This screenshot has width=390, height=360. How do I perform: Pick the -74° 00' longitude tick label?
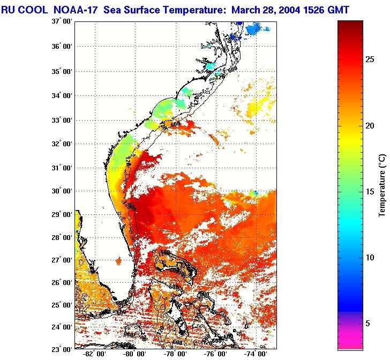[257, 354]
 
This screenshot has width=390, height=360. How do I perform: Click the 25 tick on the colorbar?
[369, 59]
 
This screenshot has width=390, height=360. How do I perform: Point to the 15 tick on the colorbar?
[369, 191]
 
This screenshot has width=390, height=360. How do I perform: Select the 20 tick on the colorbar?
[369, 125]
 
